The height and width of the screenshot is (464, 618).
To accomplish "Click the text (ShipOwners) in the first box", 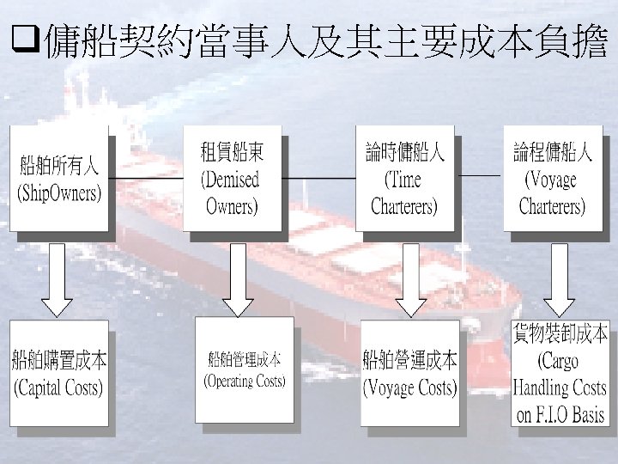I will pos(59,192).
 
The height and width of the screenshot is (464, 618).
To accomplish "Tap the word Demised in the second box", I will pos(229,180).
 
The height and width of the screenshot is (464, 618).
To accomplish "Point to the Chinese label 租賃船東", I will pos(232,154).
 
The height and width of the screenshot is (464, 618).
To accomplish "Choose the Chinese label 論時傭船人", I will pos(404,154).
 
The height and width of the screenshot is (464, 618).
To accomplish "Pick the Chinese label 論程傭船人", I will pos(553,154).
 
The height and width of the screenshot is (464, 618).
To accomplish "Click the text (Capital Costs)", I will pos(58,388).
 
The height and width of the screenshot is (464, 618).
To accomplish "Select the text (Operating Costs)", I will pos(244,380).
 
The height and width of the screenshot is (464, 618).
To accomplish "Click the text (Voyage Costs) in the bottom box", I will pos(409,388).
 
